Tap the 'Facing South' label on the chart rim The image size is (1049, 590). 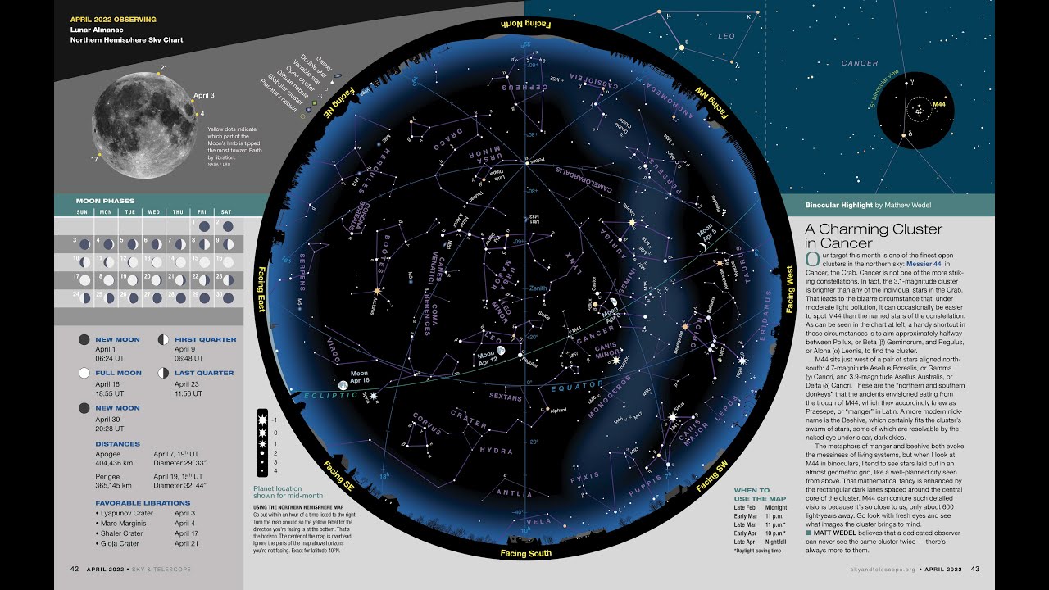coord(525,553)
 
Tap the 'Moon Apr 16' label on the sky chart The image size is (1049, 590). coord(360,377)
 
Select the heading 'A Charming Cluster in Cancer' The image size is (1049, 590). coord(873,236)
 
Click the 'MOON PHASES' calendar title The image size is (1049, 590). coord(105,201)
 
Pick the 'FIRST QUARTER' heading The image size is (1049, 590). coord(205,339)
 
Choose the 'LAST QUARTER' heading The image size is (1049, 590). coord(204,373)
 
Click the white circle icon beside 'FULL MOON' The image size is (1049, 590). coord(84,373)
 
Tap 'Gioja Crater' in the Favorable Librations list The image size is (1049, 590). coord(120,543)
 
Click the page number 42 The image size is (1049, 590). coord(75,569)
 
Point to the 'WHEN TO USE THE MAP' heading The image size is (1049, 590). coord(752,495)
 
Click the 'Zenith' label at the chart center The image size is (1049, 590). coord(538,288)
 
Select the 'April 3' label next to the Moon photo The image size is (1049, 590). coord(204,95)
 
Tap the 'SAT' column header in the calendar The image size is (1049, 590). coord(226,212)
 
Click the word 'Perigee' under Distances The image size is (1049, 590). coord(109,475)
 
